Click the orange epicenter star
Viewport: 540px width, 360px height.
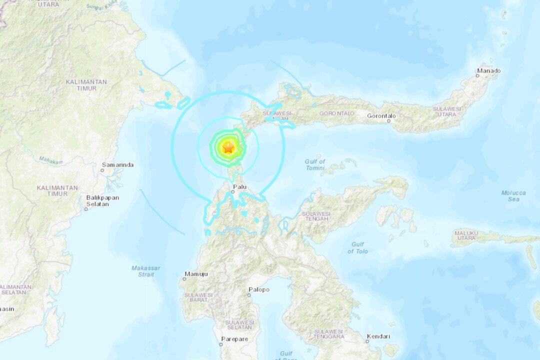pyautogui.click(x=228, y=148)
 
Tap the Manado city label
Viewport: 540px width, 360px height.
pyautogui.click(x=488, y=71)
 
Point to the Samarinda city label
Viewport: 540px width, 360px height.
pyautogui.click(x=117, y=164)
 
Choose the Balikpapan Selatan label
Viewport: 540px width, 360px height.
pyautogui.click(x=102, y=200)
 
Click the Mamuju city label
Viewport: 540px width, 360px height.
pyautogui.click(x=196, y=274)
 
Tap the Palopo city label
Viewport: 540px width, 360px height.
pyautogui.click(x=258, y=289)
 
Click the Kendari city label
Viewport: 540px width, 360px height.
pyautogui.click(x=378, y=336)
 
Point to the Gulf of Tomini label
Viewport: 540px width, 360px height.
pyautogui.click(x=315, y=164)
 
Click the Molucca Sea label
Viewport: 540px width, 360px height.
pyautogui.click(x=513, y=195)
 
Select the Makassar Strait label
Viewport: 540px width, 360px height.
pyautogui.click(x=145, y=271)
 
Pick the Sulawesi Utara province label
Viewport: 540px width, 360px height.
pyautogui.click(x=446, y=111)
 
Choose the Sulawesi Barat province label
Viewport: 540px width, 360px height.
pyautogui.click(x=198, y=298)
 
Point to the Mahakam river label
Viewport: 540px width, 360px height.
pyautogui.click(x=50, y=161)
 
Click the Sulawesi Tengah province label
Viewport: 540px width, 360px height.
pyautogui.click(x=315, y=216)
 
